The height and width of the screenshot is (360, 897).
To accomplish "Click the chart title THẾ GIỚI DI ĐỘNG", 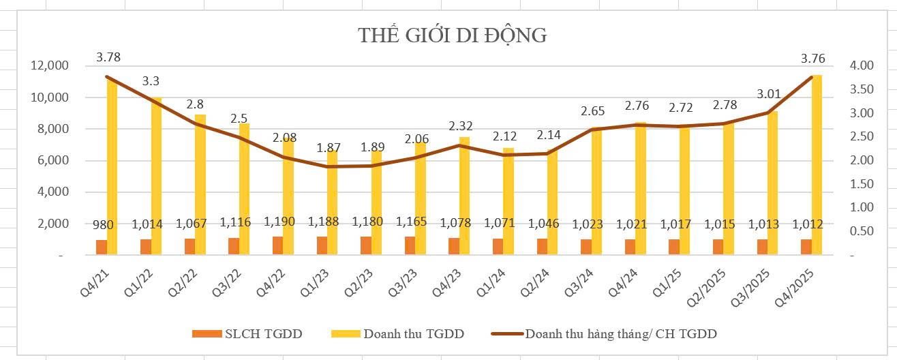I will pos(452,35).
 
